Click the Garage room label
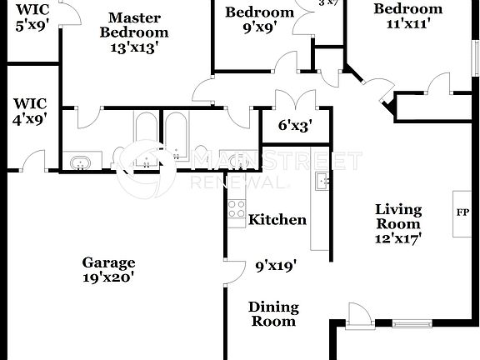108,262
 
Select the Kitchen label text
277,220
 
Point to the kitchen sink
322,180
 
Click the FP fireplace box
462,212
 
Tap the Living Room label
397,217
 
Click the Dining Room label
272,314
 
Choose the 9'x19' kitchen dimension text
276,267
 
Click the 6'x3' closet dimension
294,126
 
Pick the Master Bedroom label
134,25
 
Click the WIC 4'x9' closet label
30,110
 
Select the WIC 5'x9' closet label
32,17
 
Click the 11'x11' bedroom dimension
407,24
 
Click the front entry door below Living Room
358,317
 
